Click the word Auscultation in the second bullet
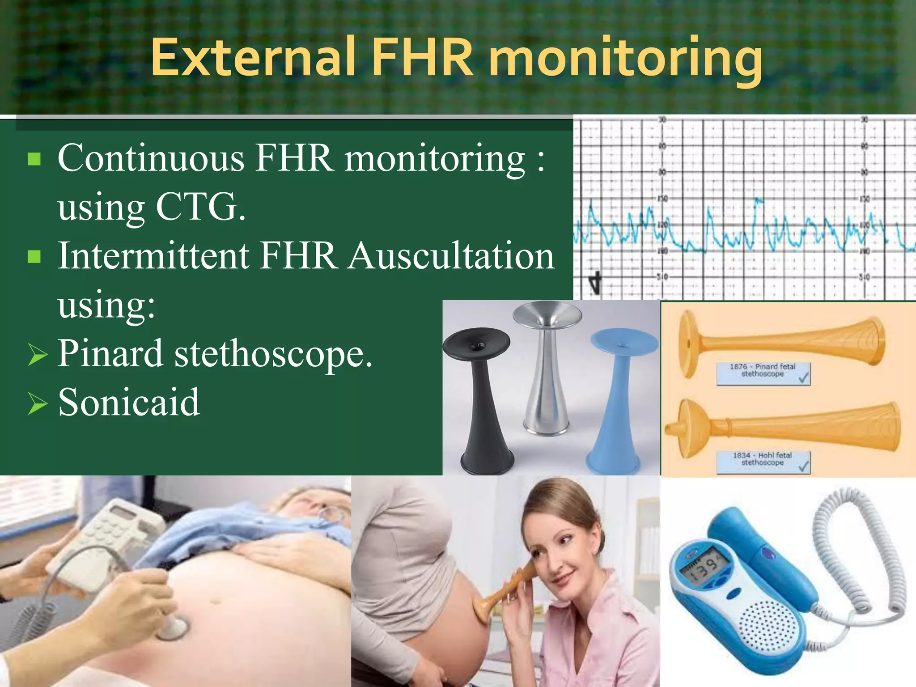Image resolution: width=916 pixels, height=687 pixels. [x=451, y=256]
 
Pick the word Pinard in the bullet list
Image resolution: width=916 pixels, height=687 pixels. [x=110, y=353]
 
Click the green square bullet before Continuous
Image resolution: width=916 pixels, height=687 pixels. [x=34, y=159]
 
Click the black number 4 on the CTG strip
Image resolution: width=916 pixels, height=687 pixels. [x=594, y=283]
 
